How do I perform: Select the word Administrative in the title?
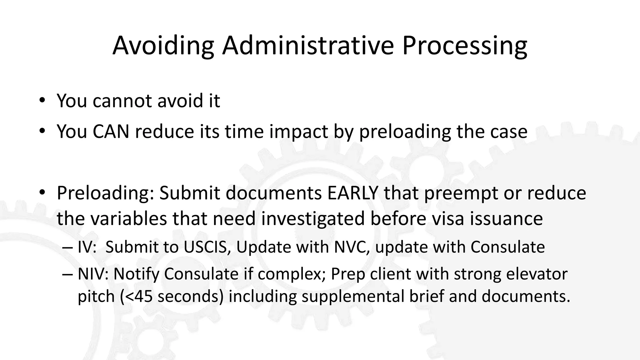(308, 45)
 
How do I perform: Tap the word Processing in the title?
(465, 46)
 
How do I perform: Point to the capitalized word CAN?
(111, 131)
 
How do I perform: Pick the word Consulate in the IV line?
(507, 247)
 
